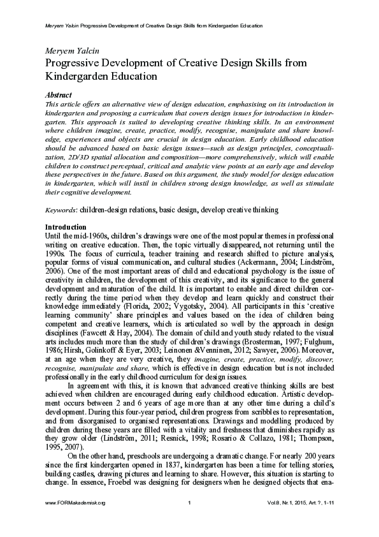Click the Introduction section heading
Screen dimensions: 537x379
[66, 227]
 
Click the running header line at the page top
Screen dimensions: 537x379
[154, 26]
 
